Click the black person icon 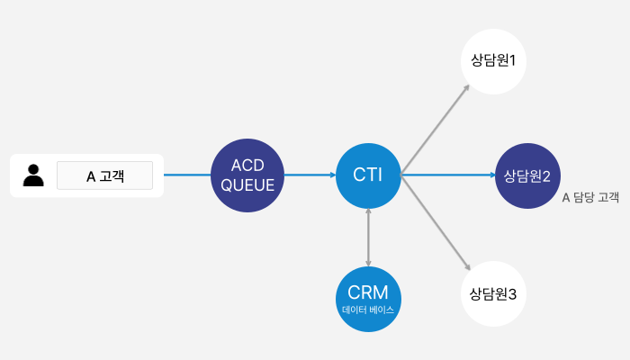33,175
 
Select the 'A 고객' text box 105,175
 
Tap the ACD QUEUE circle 247,175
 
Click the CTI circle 368,175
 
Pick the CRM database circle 368,299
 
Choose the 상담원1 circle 493,61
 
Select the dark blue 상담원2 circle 527,175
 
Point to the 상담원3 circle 493,293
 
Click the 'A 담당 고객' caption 590,197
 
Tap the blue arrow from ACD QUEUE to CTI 310,175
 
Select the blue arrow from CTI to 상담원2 448,175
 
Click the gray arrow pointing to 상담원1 435,130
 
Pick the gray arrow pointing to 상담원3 436,222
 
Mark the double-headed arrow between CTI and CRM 368,238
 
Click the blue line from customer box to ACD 187,175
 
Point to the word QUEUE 247,185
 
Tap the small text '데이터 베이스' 368,310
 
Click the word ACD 247,165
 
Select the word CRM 368,292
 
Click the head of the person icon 33,169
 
